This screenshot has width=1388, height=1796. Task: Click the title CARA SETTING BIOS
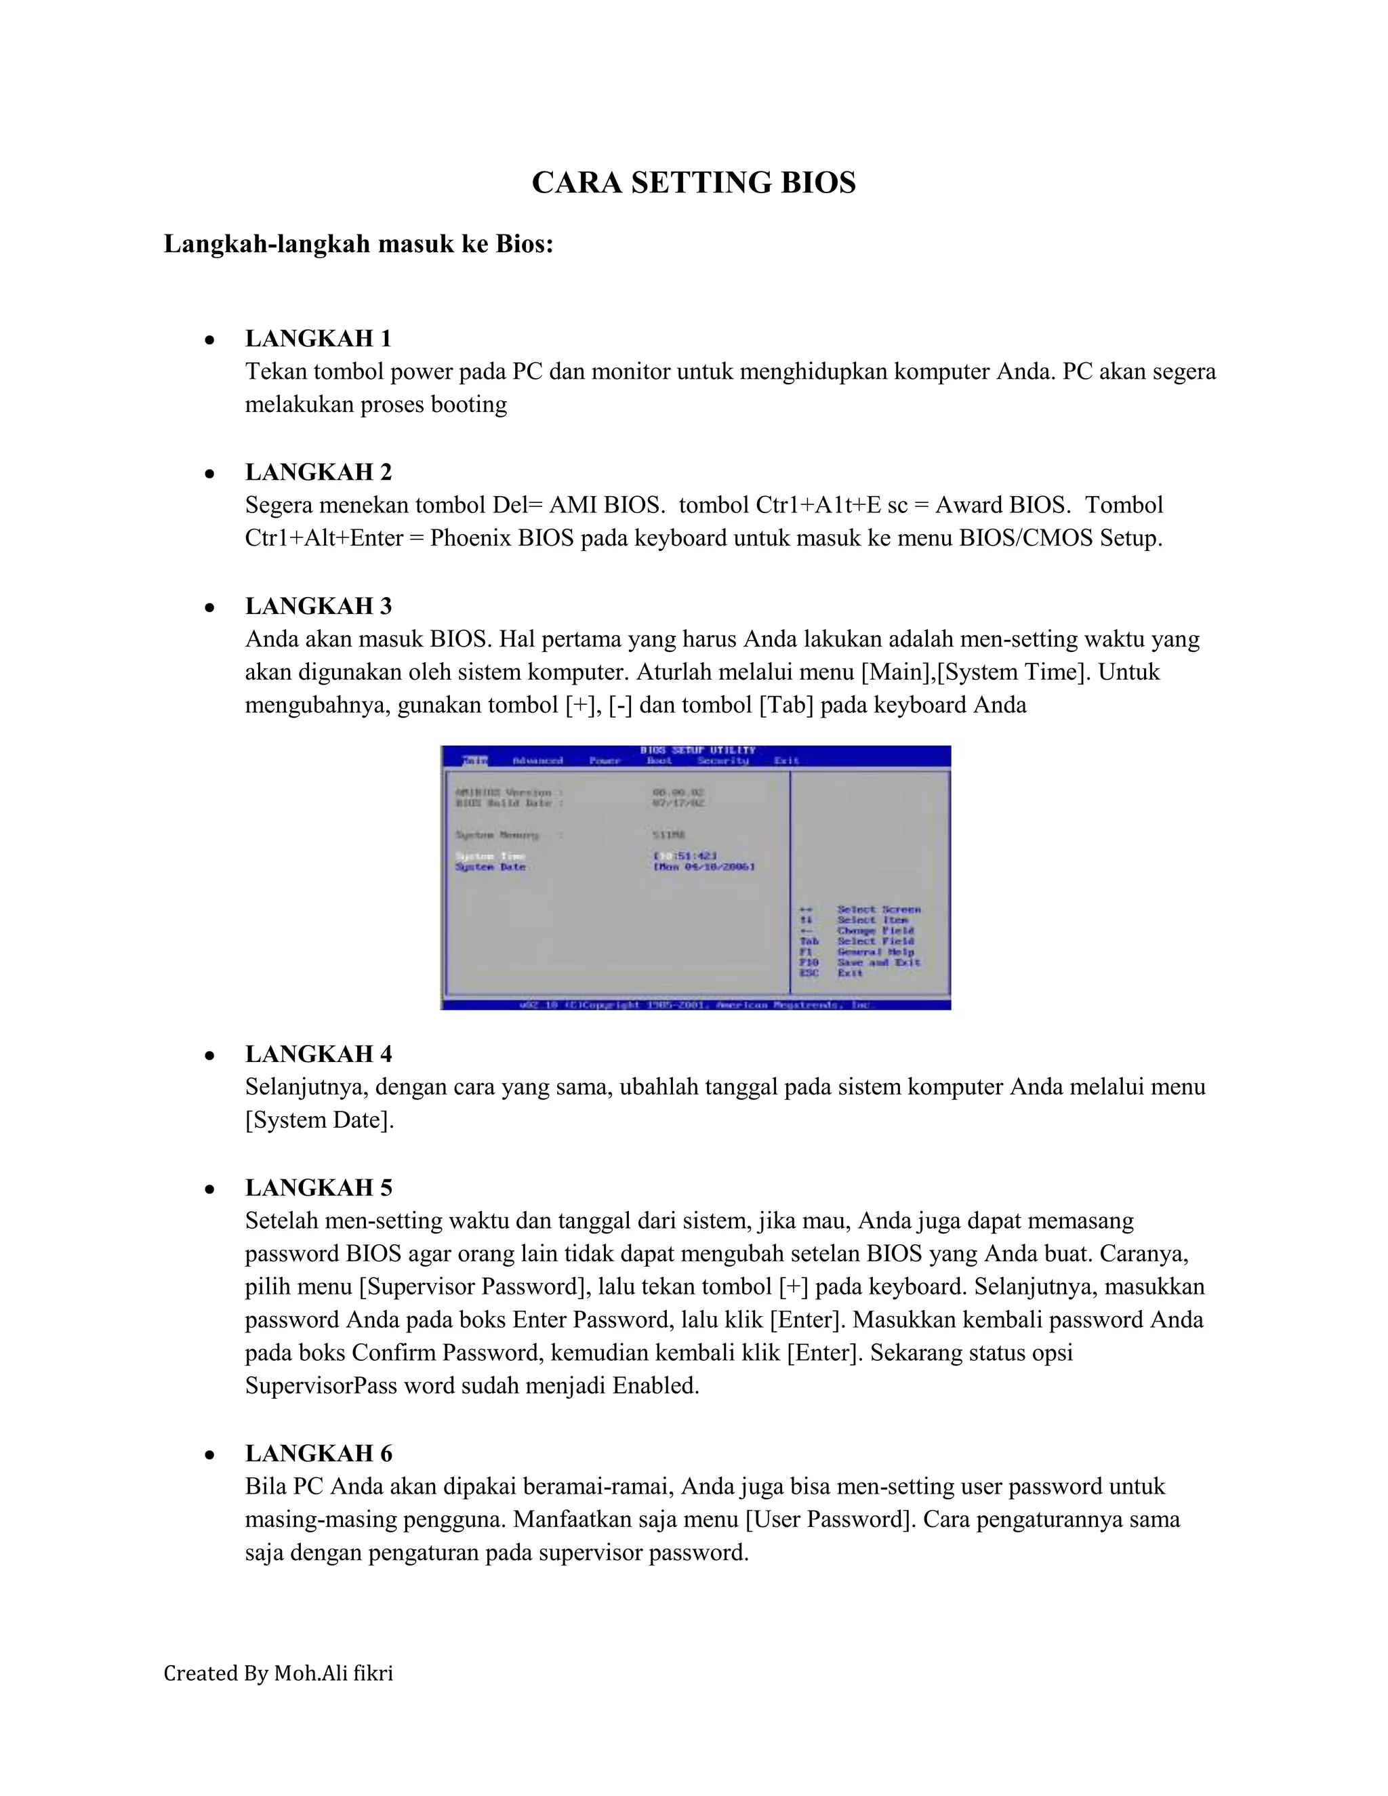click(x=693, y=182)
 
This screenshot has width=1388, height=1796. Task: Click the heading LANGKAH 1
click(x=319, y=338)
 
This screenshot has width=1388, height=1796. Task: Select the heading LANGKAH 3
click(x=319, y=606)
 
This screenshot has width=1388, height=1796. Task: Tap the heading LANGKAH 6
click(x=319, y=1453)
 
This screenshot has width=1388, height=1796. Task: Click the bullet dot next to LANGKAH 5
click(x=211, y=1189)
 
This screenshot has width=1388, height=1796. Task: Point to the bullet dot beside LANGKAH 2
click(x=211, y=474)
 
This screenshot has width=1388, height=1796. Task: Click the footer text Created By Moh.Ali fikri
click(x=278, y=1673)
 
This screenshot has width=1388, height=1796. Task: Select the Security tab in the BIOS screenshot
click(x=722, y=760)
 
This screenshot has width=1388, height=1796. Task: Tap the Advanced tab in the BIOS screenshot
click(x=537, y=760)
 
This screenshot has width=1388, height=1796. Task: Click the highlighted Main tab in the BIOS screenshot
click(x=474, y=760)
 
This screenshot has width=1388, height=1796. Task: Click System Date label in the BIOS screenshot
click(x=490, y=867)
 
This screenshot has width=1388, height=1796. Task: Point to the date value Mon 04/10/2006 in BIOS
click(x=704, y=867)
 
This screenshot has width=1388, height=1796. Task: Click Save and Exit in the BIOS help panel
click(x=878, y=962)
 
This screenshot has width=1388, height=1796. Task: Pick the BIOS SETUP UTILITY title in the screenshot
click(x=697, y=750)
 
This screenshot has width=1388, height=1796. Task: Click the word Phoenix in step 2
click(x=470, y=539)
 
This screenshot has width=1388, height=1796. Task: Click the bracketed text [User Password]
click(x=830, y=1519)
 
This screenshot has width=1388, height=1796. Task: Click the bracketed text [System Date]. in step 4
click(x=320, y=1120)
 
